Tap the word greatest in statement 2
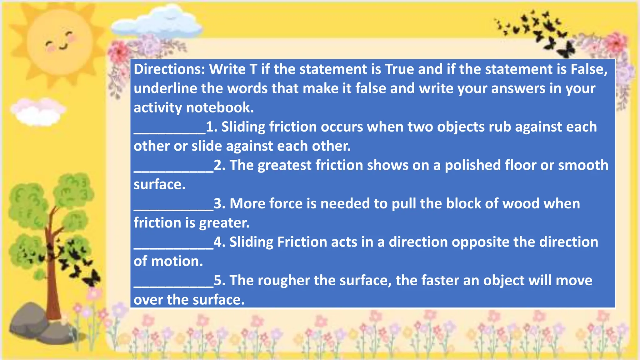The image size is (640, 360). pyautogui.click(x=284, y=165)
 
